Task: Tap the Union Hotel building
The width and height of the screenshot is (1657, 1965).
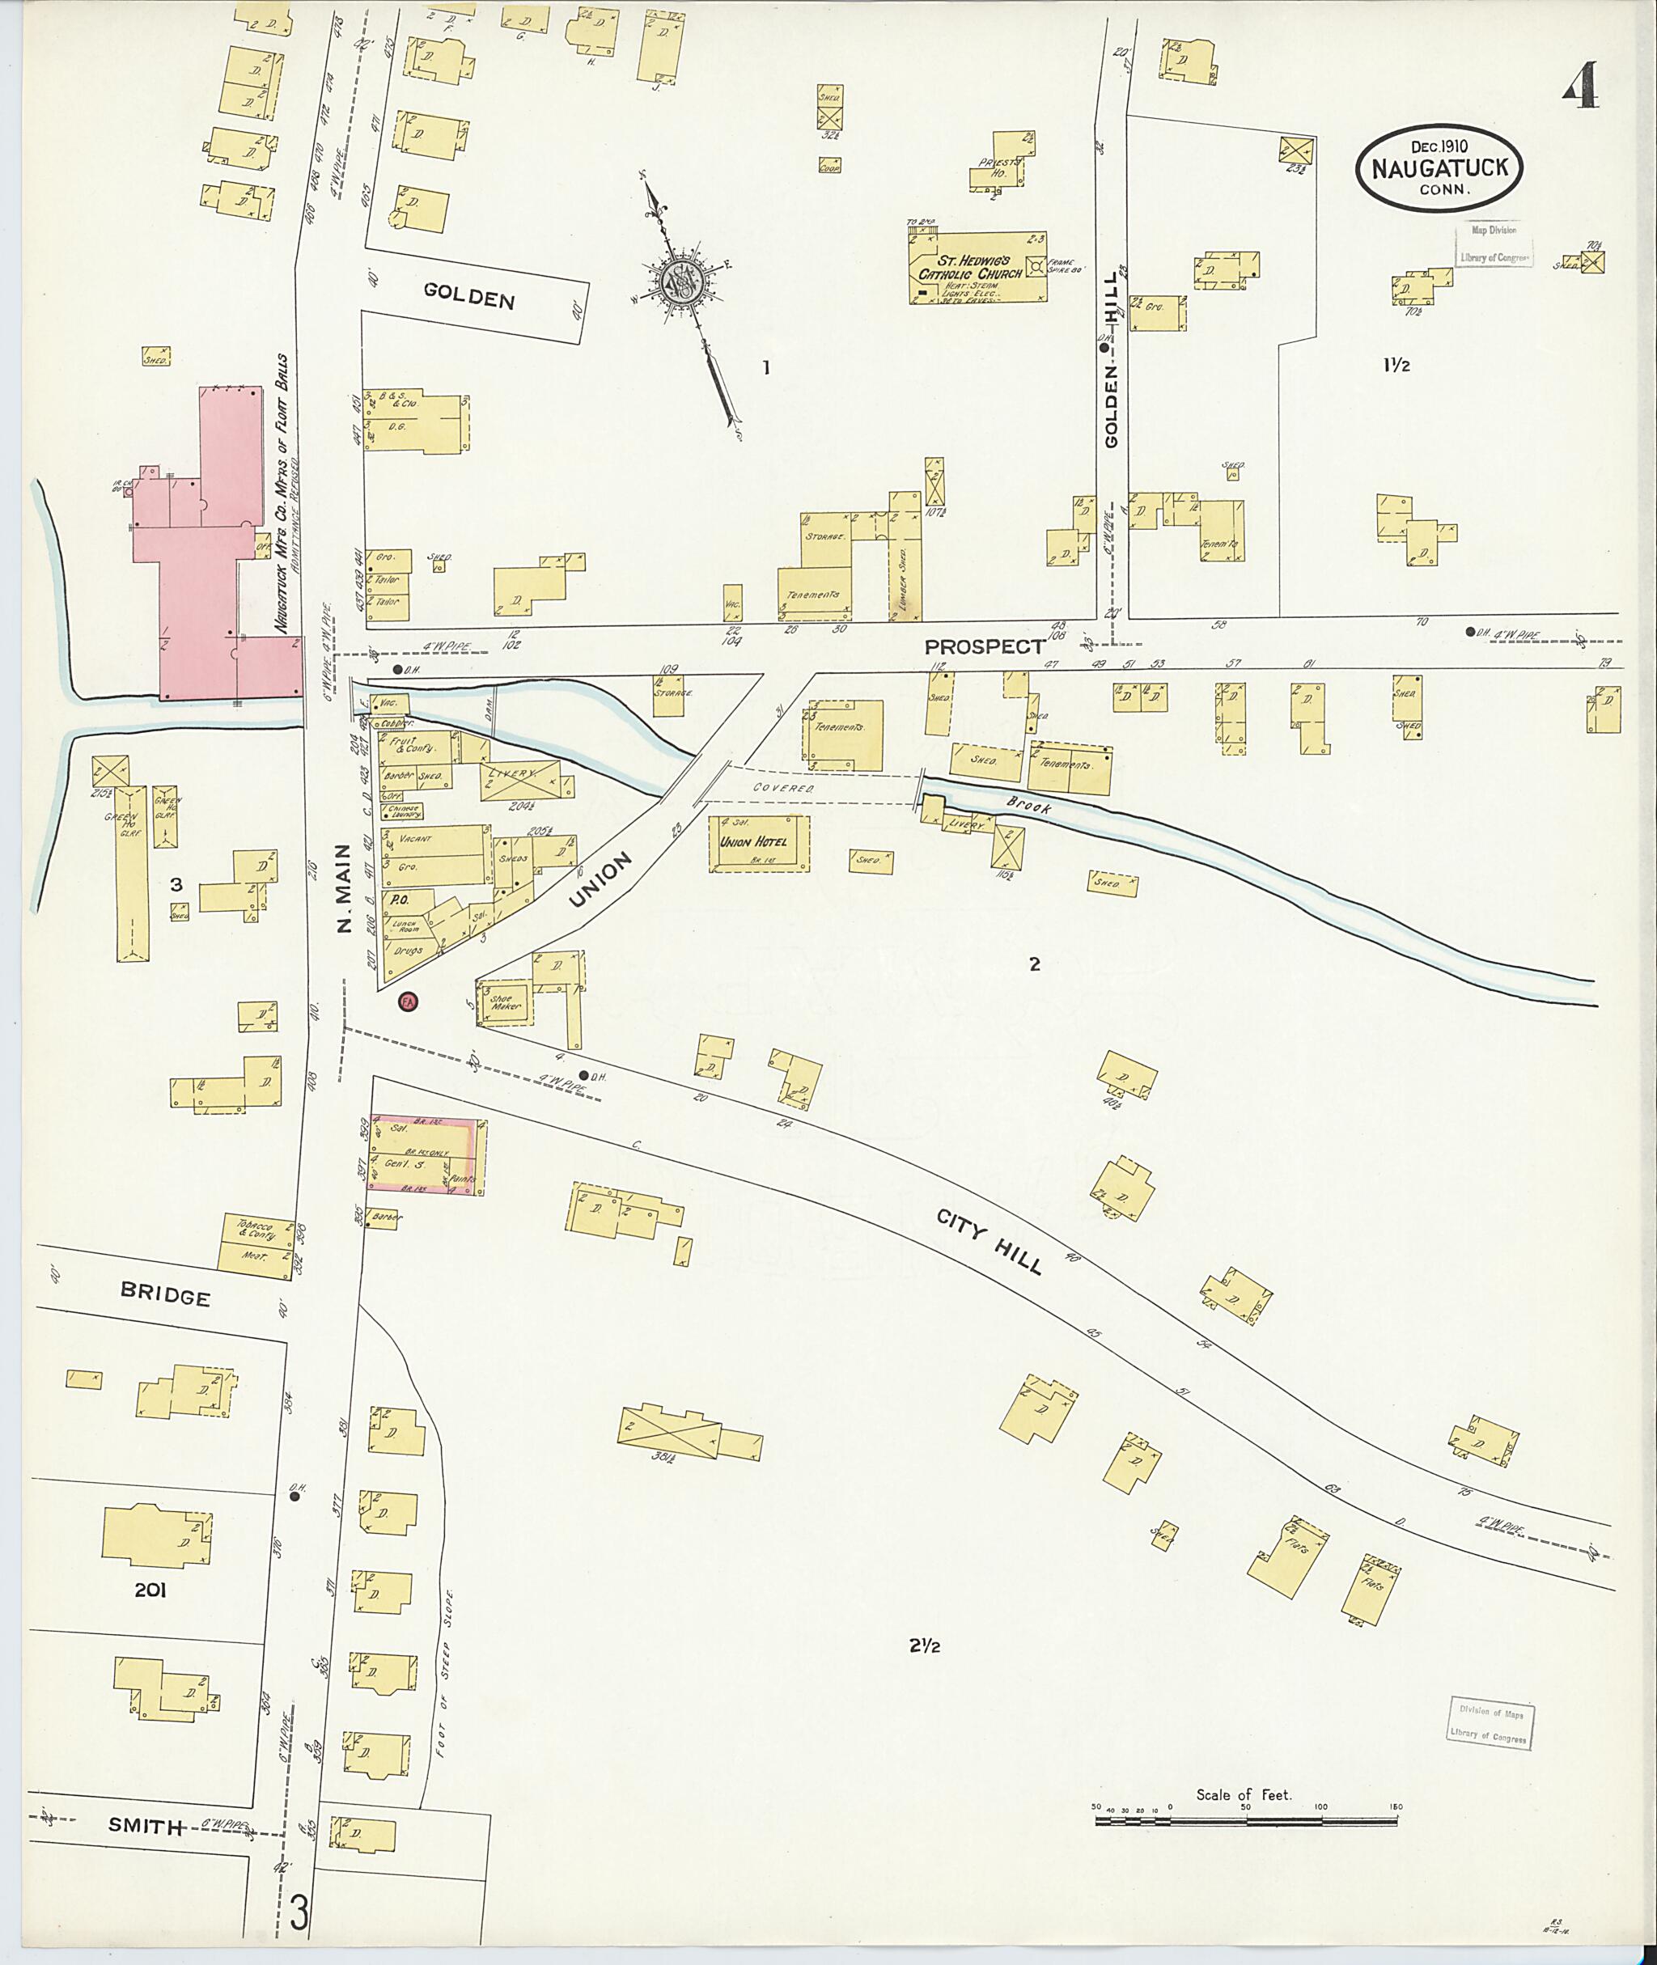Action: (759, 842)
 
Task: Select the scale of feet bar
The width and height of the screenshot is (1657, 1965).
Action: (1245, 1820)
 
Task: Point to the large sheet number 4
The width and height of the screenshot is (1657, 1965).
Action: (1581, 87)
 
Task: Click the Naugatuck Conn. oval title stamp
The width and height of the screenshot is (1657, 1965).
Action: (1438, 168)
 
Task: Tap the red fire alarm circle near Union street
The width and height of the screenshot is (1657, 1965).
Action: (409, 1002)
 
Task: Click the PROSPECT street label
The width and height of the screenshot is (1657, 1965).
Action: (984, 646)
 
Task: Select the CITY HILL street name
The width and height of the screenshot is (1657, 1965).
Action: (990, 1243)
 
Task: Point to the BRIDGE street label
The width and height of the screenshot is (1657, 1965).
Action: (165, 1295)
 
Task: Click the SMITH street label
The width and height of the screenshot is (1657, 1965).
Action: (145, 1826)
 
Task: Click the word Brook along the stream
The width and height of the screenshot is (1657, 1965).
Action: (1027, 803)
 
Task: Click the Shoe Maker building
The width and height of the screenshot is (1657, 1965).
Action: (503, 1004)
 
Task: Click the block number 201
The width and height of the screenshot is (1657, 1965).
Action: (150, 1590)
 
